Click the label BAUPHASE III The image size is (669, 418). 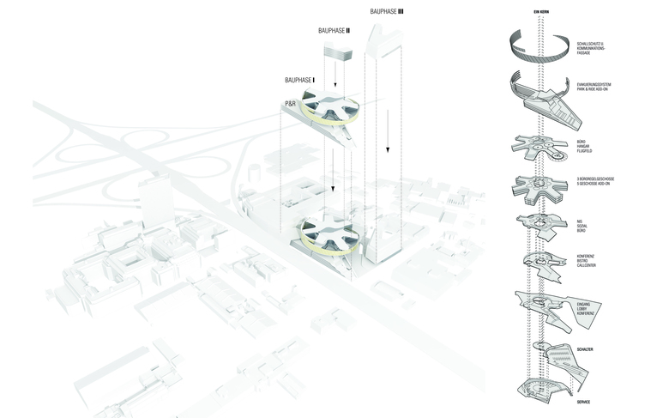[393, 11]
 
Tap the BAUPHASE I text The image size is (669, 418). [300, 80]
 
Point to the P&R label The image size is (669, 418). [292, 103]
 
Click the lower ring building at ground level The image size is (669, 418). [325, 234]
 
